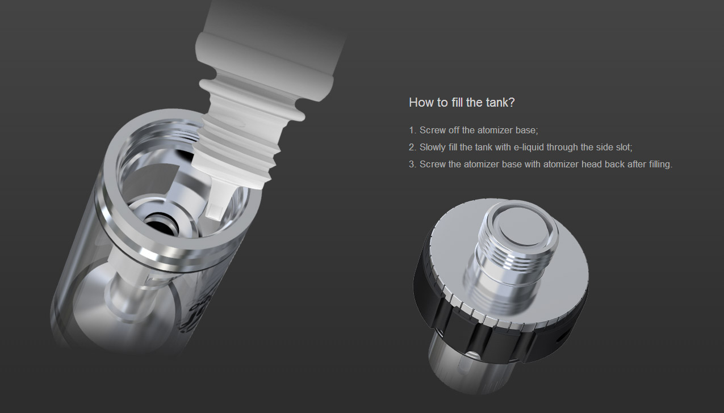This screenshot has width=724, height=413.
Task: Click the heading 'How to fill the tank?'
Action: [x=462, y=102]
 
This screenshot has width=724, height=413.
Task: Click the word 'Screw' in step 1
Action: [x=433, y=130]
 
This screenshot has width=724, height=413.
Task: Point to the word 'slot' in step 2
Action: [x=623, y=147]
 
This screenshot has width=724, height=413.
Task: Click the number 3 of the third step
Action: [x=412, y=165]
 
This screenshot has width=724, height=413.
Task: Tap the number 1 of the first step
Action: [x=412, y=130]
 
